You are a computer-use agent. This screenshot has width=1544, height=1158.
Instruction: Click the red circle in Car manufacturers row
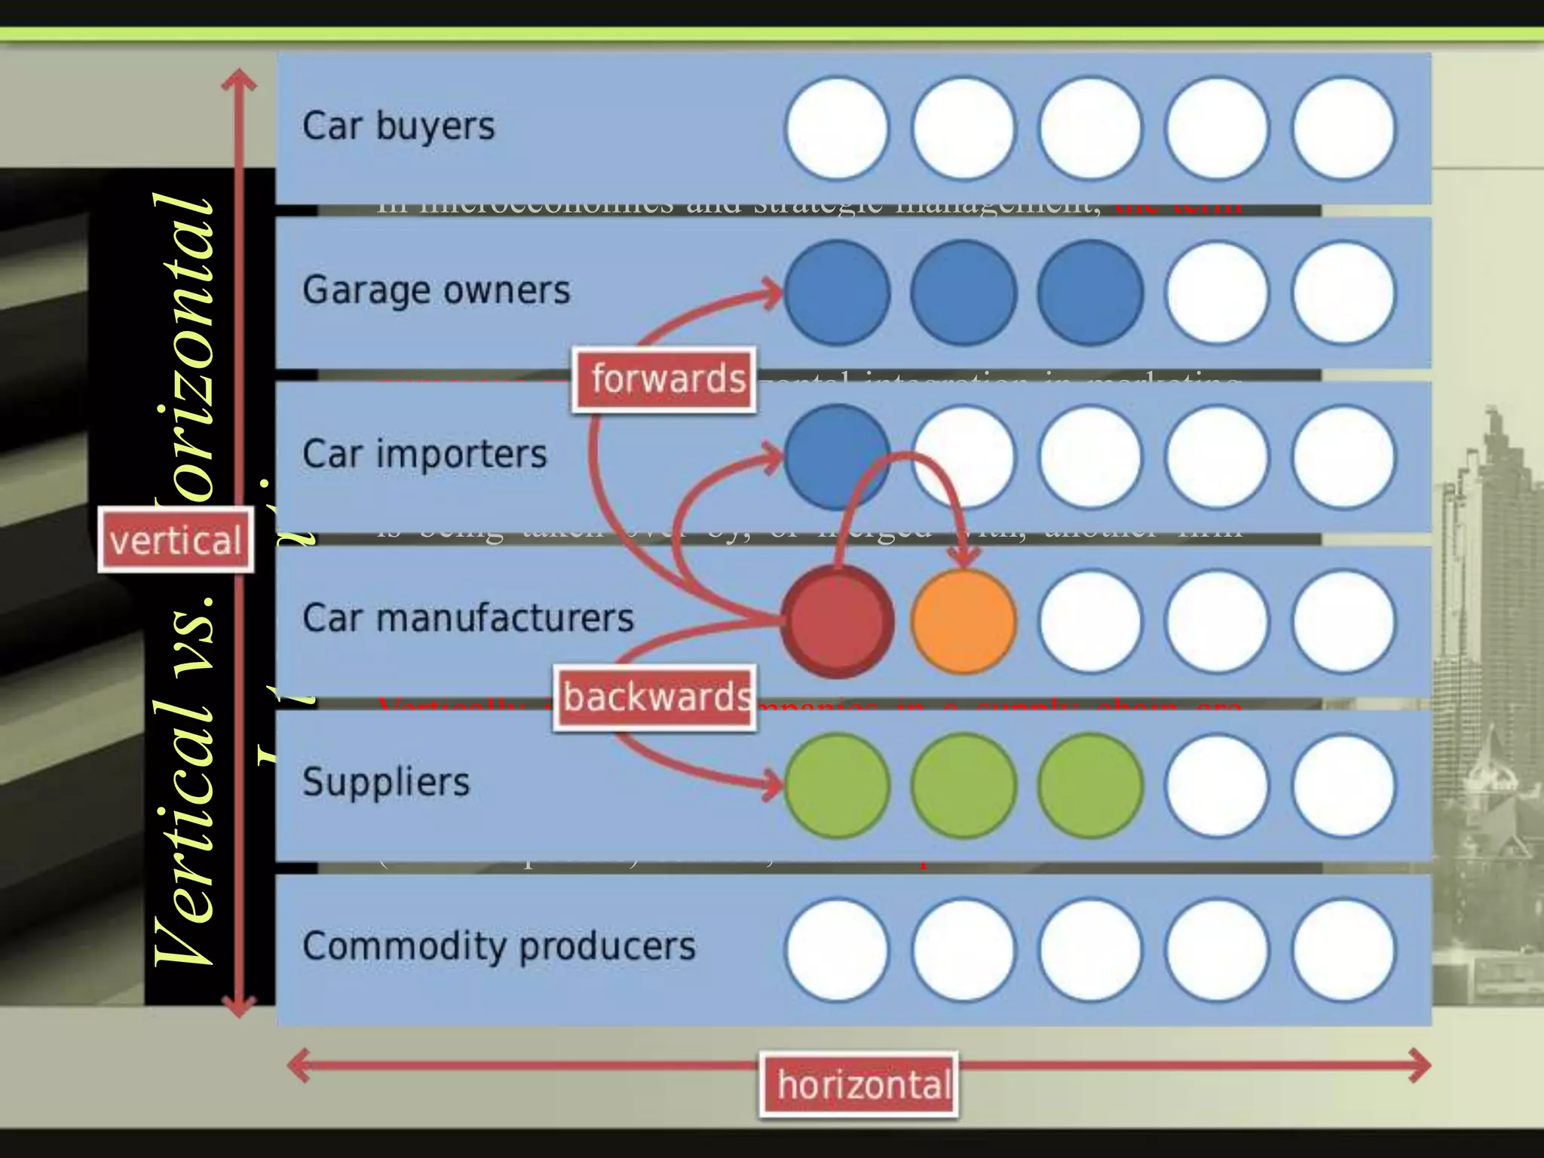[x=837, y=621]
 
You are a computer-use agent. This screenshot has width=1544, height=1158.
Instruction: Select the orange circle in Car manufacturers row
[x=963, y=621]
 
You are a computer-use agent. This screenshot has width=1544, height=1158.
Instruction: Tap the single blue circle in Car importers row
[x=837, y=457]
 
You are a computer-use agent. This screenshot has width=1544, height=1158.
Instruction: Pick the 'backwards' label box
[x=655, y=697]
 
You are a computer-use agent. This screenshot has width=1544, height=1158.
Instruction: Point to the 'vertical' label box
[x=176, y=541]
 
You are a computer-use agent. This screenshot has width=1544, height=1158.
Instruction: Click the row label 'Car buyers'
[x=399, y=126]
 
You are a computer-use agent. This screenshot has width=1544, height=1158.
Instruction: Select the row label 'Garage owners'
[x=437, y=290]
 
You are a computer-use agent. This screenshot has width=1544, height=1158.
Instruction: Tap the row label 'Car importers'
[x=424, y=454]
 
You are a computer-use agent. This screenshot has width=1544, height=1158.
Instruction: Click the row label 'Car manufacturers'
[x=468, y=618]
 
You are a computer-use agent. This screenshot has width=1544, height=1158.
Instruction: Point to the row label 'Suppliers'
[x=386, y=782]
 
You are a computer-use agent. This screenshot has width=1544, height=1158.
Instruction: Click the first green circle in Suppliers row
[x=837, y=786]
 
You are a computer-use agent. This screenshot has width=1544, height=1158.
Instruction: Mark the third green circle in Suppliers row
[x=1090, y=786]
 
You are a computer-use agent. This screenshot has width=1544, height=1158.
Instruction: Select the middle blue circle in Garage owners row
[x=963, y=293]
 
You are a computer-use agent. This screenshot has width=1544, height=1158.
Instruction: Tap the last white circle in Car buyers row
[x=1343, y=128]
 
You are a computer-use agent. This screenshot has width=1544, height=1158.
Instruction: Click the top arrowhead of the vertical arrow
[x=240, y=78]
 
